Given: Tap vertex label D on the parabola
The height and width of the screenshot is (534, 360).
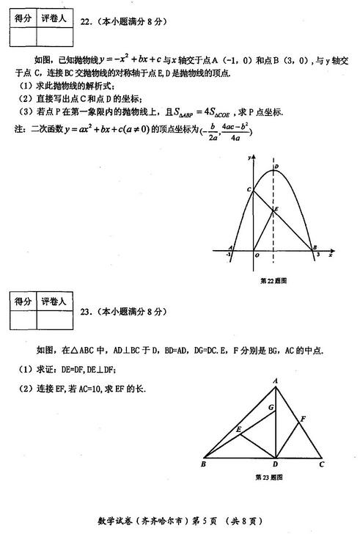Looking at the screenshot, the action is point(276,167).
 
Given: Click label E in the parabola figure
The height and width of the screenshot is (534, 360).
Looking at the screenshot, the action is point(276,210).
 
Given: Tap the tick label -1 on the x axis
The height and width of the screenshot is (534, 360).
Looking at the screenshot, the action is point(229,256).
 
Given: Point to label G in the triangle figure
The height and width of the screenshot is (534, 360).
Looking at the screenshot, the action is point(271,406).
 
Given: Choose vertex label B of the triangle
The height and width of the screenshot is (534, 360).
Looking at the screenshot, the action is point(203,464).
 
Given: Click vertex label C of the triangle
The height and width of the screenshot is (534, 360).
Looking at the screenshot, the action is point(321,464).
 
